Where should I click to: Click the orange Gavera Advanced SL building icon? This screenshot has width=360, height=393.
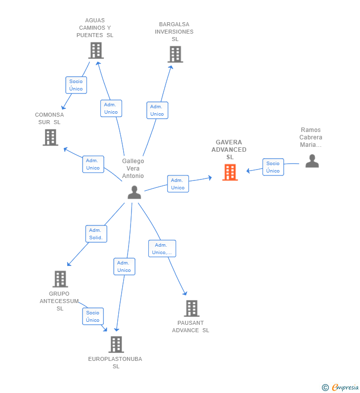230,173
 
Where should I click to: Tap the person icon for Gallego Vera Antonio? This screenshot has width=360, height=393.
134,193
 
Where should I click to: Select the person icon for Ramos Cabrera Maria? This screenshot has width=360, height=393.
312,161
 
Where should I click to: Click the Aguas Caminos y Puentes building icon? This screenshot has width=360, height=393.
96,50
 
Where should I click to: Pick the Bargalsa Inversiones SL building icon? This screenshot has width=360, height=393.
175,54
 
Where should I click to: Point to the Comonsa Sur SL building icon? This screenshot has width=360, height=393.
50,137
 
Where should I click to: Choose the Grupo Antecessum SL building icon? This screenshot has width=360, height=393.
60,279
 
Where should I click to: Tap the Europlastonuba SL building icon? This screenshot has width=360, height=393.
116,345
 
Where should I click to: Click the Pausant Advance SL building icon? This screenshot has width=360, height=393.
191,308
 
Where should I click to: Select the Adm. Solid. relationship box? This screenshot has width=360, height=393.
96,234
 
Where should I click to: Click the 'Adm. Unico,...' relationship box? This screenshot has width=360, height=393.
162,249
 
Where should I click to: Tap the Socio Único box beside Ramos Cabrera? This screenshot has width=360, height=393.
273,167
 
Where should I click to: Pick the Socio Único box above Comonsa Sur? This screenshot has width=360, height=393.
76,85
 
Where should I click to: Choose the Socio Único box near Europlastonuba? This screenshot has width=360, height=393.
93,316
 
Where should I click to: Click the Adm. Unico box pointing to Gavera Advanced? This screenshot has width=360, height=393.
178,184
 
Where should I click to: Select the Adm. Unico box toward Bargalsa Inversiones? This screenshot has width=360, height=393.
157,110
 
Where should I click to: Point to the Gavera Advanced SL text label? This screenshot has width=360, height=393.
229,149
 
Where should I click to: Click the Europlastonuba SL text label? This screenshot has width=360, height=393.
115,362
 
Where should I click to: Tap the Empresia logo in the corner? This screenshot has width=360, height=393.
345,388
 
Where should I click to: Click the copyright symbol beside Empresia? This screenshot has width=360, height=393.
325,388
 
